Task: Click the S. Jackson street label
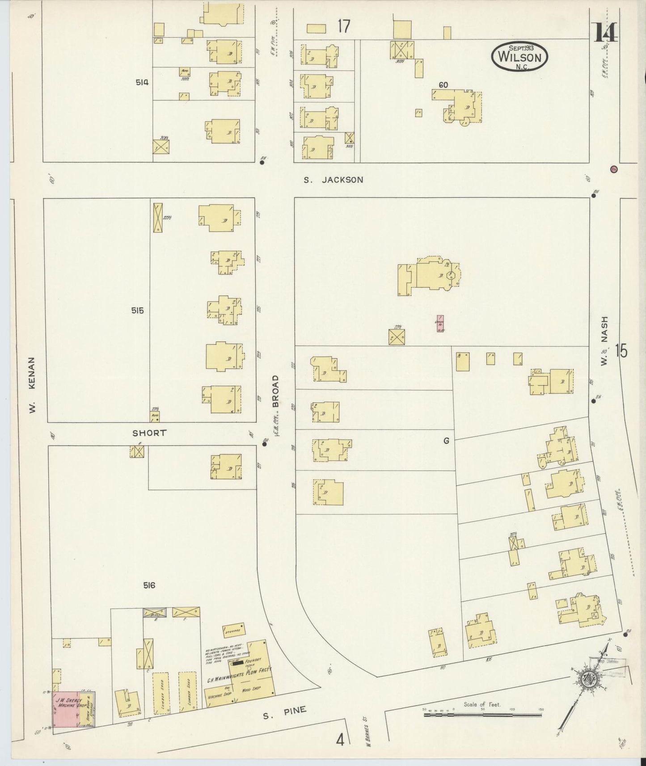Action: [333, 180]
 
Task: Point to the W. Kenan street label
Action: [32, 384]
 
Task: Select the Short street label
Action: [149, 433]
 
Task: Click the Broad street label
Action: [275, 391]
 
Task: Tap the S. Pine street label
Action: [285, 712]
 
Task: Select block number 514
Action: [142, 82]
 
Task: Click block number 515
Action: [137, 310]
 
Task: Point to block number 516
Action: [149, 585]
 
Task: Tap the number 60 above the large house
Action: [443, 85]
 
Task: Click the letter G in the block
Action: [446, 441]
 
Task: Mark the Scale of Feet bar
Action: [483, 715]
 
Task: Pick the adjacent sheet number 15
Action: [621, 351]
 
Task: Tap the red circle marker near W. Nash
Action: [614, 169]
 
